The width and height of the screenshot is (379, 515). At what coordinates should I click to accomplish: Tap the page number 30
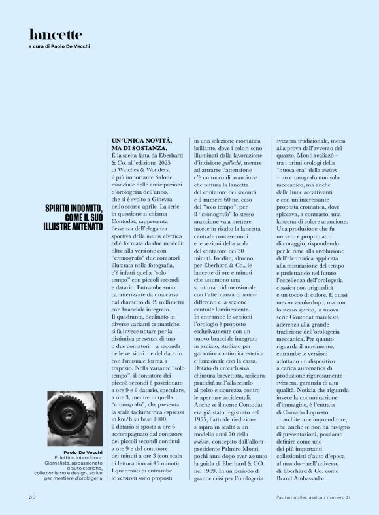pos(31,497)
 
